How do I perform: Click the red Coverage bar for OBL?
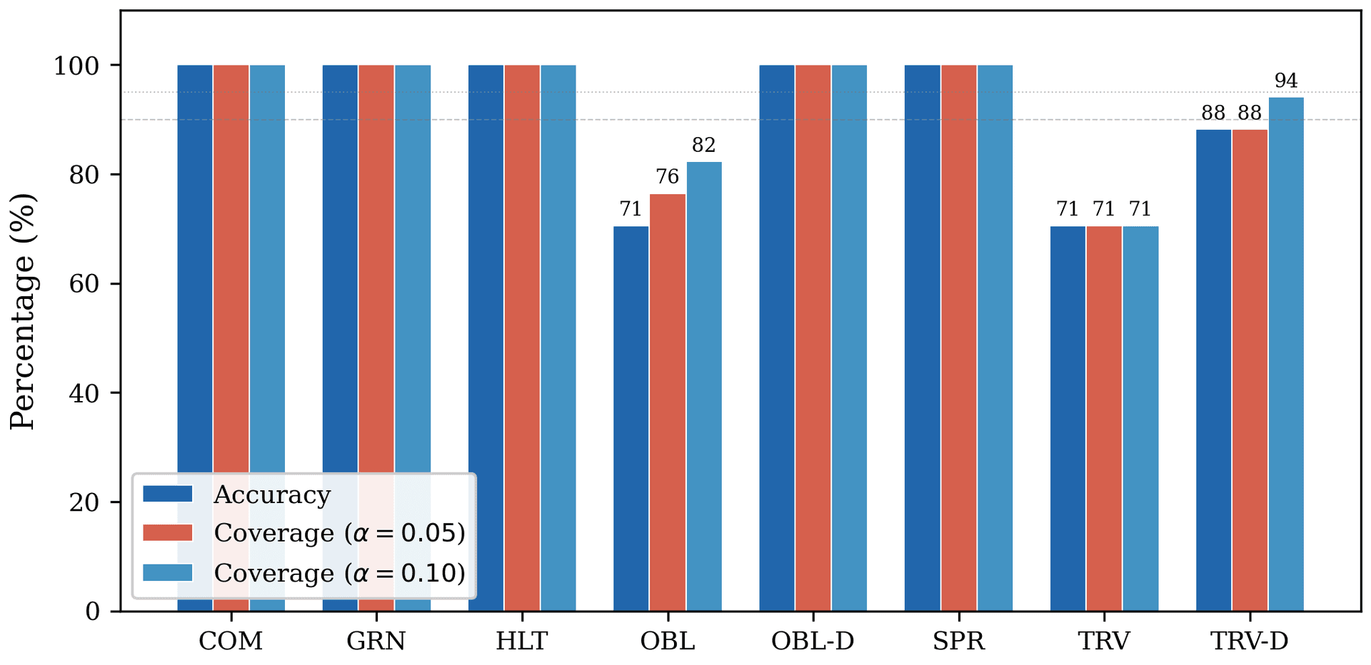coord(668,403)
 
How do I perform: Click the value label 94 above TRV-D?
coord(1286,81)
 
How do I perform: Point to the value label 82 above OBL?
coord(703,146)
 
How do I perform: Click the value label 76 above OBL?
coord(668,177)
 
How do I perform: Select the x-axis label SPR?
coord(958,641)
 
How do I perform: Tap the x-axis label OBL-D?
coord(813,641)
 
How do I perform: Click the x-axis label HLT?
coord(522,641)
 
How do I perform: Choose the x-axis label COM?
coord(231,641)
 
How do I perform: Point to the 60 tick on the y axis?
coord(84,284)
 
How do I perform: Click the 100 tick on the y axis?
coord(76,66)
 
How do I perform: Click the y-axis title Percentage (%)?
coord(23,311)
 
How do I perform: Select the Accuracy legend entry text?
coord(272,494)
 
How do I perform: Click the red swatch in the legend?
coord(168,533)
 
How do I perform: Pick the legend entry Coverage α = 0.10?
coord(339,573)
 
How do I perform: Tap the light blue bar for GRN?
coord(413,285)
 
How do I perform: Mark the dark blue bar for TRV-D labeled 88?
coord(1213,370)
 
